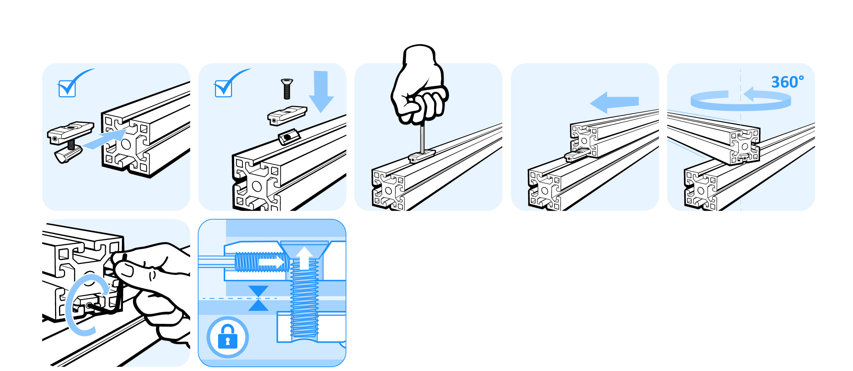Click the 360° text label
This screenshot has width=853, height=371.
click(787, 82)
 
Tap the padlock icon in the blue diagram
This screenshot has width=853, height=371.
click(228, 337)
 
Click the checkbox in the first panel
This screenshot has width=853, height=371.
click(67, 89)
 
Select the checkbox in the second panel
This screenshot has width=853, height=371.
click(223, 89)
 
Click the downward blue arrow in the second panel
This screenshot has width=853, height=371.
click(321, 91)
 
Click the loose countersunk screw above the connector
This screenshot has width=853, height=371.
click(287, 89)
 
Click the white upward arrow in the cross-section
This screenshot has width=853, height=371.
click(304, 258)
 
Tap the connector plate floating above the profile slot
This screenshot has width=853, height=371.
click(287, 115)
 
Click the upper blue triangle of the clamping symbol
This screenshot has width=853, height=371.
click(258, 291)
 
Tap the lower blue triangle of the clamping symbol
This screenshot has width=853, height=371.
click(258, 305)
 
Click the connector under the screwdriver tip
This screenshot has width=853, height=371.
click(422, 156)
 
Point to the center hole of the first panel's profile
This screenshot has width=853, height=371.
click(126, 144)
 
